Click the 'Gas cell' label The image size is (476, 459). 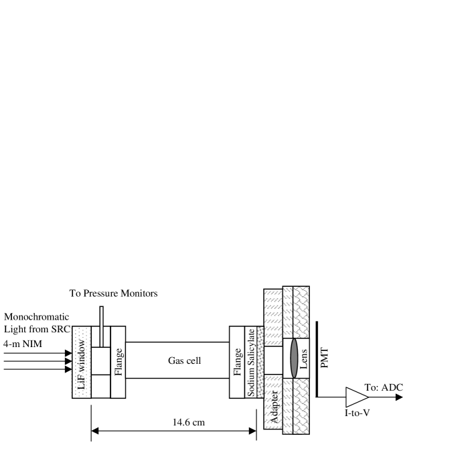[x=184, y=360]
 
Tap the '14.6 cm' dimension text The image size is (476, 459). [x=189, y=422]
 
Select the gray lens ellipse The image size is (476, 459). [x=294, y=358]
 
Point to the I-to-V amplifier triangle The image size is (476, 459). [x=357, y=397]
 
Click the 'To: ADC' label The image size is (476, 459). [x=384, y=387]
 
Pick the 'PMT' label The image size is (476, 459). [x=325, y=358]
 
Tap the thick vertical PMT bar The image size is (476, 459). [x=317, y=359]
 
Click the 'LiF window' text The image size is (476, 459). [x=82, y=365]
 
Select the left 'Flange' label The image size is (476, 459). [x=118, y=362]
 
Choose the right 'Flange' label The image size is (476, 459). [x=238, y=362]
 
